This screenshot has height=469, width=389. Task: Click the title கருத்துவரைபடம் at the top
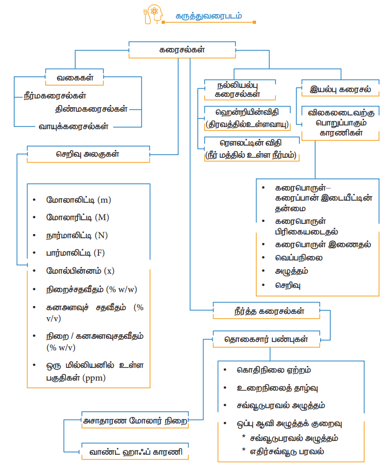[209, 15]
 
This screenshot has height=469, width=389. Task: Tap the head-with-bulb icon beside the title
[153, 14]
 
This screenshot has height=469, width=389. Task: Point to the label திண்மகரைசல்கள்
[91, 110]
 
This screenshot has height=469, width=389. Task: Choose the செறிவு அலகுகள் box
[88, 154]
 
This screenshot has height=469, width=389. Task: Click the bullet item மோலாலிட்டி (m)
[78, 200]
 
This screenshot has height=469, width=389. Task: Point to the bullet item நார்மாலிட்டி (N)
[77, 235]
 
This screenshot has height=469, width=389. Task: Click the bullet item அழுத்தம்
[291, 271]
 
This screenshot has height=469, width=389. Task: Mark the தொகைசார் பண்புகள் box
[266, 339]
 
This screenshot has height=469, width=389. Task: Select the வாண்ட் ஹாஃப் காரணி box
[135, 453]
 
